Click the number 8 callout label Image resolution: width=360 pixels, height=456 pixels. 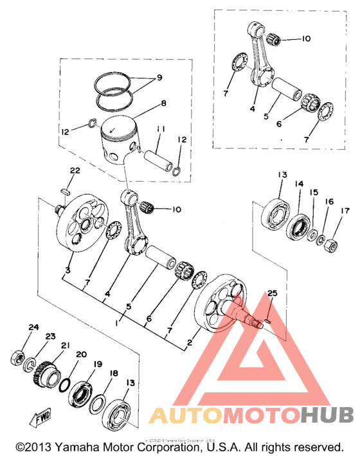[x=163, y=102]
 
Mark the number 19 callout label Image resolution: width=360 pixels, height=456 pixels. [x=98, y=364]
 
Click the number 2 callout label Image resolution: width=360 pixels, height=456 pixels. [x=188, y=344]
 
